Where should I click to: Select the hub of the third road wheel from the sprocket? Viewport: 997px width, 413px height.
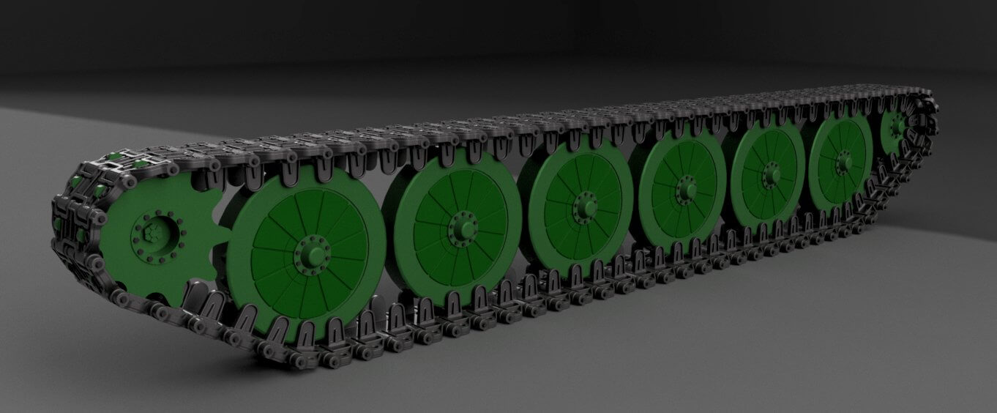585,204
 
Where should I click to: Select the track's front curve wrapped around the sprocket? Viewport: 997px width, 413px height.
70,220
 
